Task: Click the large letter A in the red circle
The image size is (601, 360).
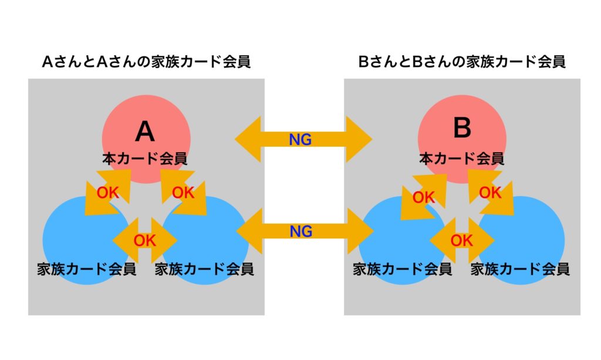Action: [145, 132]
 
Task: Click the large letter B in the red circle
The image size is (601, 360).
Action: [462, 128]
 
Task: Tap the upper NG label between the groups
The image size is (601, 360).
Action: [301, 139]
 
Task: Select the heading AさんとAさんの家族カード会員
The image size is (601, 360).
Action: [146, 62]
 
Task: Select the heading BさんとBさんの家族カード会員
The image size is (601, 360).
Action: [462, 62]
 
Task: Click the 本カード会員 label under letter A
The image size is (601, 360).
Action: [145, 159]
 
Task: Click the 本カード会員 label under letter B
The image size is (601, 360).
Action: [462, 158]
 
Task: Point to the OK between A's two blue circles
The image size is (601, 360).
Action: [145, 240]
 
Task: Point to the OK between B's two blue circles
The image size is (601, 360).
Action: [461, 240]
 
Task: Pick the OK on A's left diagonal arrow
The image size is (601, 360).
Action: [107, 193]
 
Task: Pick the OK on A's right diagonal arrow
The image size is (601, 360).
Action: [183, 193]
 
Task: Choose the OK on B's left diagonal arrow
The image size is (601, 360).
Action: [423, 197]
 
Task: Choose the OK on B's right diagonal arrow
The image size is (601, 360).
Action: [490, 193]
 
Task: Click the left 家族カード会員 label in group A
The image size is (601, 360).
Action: [86, 270]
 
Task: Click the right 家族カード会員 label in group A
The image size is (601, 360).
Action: [204, 270]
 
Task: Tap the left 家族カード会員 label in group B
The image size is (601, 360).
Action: [402, 270]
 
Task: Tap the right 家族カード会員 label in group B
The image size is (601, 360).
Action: [520, 270]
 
